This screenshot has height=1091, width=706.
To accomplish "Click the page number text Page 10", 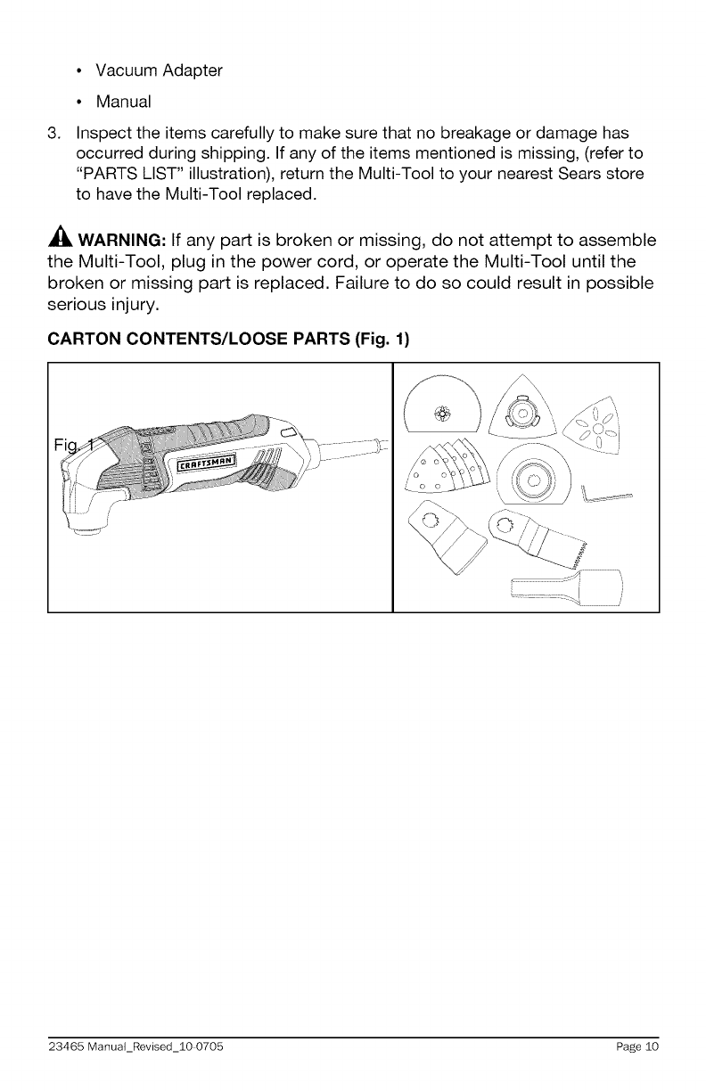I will click(636, 1047).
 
